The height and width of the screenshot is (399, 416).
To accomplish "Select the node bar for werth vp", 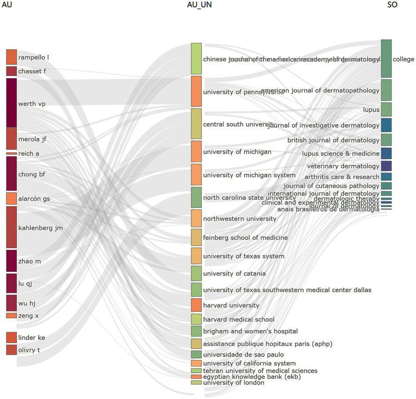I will point(11,103).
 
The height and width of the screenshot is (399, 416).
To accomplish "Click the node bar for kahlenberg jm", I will point(11,227).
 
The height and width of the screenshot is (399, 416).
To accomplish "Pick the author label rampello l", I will point(34,58).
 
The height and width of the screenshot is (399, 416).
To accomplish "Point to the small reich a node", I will point(11,154).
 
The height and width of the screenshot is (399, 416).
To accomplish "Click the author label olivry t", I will point(29,350).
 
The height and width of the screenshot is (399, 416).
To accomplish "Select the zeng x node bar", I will point(11,315).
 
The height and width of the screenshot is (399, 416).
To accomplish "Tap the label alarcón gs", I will point(34,199).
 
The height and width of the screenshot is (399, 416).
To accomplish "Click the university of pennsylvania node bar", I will point(196,91).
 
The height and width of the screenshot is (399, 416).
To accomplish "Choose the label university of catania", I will point(234,273).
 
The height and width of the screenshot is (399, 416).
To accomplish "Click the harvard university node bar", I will point(196,305).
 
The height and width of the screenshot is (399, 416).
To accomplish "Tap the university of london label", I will point(234,383).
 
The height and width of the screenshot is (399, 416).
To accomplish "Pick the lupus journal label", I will point(371,110).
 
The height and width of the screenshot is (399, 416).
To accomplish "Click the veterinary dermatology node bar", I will point(386,166).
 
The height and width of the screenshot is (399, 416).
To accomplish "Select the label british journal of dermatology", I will point(333,140).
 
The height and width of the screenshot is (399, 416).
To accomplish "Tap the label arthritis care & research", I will point(342,176).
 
